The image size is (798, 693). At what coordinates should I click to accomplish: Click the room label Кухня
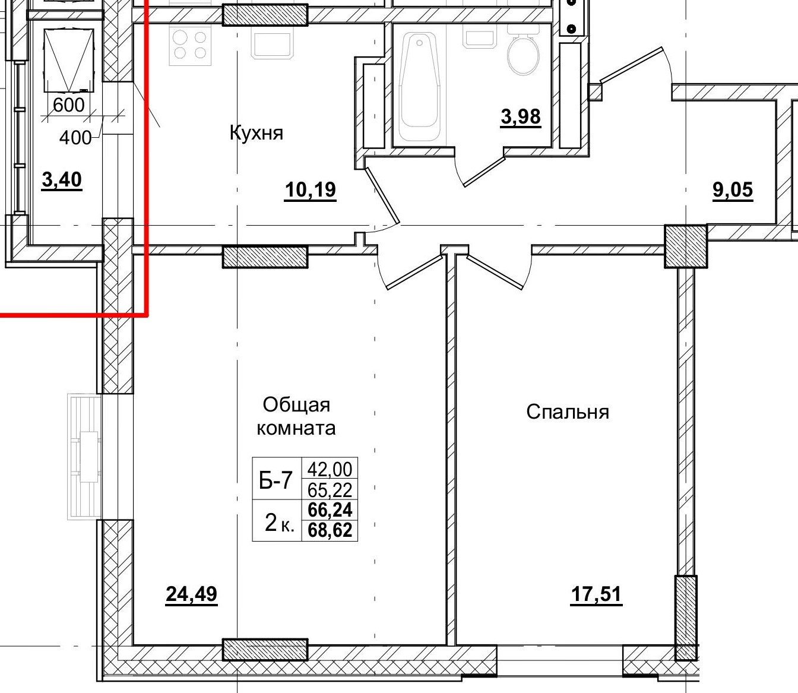tap(256, 133)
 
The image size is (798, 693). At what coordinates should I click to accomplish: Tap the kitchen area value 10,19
tap(310, 190)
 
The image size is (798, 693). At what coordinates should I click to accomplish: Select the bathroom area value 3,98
tap(521, 116)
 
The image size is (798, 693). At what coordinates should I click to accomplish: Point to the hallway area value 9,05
tap(733, 190)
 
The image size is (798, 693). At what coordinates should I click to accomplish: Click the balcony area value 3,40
tap(62, 180)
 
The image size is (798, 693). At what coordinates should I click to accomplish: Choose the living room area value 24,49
tap(191, 594)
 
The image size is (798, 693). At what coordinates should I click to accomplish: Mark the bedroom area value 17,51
tap(596, 594)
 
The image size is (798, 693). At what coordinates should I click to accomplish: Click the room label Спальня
tap(568, 412)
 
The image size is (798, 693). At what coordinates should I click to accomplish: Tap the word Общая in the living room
tap(296, 405)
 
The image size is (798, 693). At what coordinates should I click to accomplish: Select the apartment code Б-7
tap(275, 480)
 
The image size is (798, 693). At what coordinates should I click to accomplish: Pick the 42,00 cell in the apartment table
tap(330, 469)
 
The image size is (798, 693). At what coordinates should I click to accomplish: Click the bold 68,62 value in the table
tap(330, 530)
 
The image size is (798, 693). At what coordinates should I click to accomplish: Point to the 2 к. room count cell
tap(279, 523)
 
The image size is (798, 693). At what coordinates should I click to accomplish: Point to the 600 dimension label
tap(68, 105)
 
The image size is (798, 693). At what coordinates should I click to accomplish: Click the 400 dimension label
tap(75, 138)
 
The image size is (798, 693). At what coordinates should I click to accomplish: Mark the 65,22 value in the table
tap(330, 490)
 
